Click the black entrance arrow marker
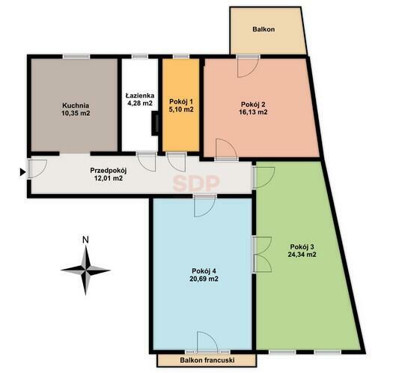[x=22, y=172]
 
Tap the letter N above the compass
[x=86, y=240]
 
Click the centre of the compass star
[x=86, y=270]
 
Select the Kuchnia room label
[x=76, y=106]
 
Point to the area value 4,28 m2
[x=140, y=103]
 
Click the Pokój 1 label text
[x=181, y=102]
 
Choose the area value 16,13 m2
[x=253, y=112]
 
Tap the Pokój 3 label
[x=302, y=246]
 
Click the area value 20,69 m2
[x=204, y=279]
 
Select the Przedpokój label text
[x=109, y=171]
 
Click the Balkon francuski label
[x=207, y=360]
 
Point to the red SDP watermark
[x=196, y=184]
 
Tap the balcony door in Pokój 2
[x=248, y=67]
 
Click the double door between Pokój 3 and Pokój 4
[x=262, y=255]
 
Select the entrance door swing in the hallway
[x=37, y=169]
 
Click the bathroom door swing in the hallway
[x=146, y=162]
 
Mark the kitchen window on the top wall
[x=76, y=57]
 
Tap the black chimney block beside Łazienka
[x=155, y=124]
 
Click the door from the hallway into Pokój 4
[x=205, y=205]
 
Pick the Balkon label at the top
[x=263, y=29]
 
